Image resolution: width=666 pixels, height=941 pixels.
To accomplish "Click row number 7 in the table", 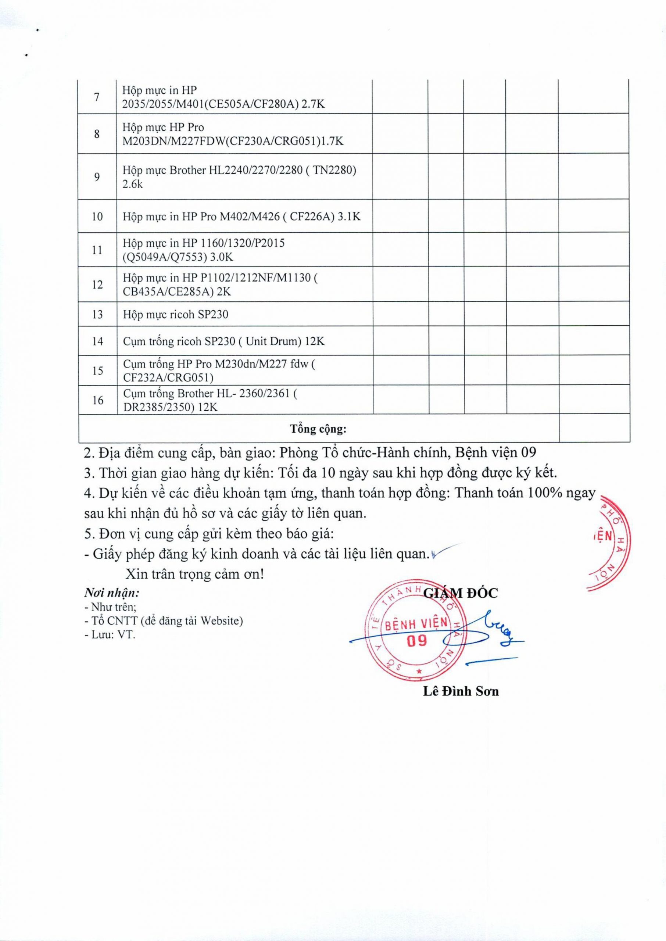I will coord(97,97).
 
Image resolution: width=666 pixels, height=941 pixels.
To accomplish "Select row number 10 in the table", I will coord(97,217).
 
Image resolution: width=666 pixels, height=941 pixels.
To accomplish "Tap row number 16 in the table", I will coord(98,400).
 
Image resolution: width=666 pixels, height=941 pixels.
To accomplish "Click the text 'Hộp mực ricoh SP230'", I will coord(176,315).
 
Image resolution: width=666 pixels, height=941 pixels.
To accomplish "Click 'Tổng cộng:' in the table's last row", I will coord(318,429).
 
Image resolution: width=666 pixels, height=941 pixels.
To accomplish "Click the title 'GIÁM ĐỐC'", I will coord(460,593).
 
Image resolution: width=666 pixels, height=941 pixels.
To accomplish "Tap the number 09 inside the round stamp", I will coord(417,640).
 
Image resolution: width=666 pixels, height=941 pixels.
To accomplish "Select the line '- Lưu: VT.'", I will coord(110,635).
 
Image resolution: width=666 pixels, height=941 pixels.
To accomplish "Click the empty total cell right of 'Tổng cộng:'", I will coord(594,429).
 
